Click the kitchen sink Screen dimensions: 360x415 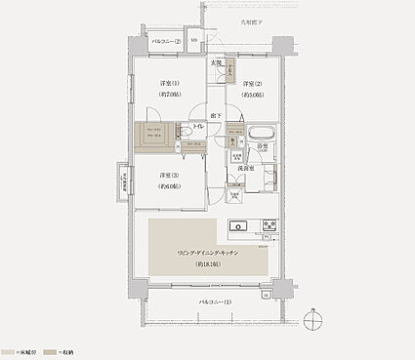click(x=239, y=228)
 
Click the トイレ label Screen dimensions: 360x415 click(x=198, y=126)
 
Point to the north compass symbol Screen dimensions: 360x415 click(x=310, y=319)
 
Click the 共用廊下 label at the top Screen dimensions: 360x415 click(x=253, y=20)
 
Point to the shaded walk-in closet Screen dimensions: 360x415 click(x=154, y=137)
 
